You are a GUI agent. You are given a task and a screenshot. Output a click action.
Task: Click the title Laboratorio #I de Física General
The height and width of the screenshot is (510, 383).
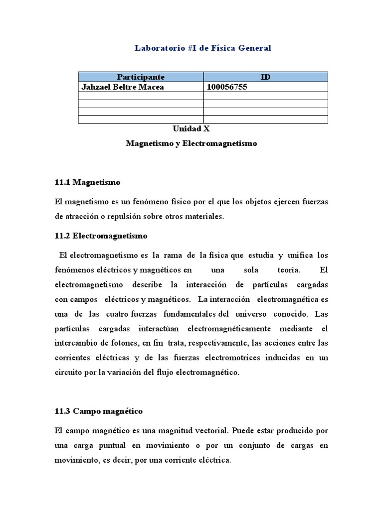[203, 48]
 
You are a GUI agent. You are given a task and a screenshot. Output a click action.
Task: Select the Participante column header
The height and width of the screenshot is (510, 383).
[141, 77]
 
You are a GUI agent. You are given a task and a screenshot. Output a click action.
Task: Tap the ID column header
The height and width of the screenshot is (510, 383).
[265, 77]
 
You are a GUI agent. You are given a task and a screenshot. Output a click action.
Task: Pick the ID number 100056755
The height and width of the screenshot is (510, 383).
[227, 87]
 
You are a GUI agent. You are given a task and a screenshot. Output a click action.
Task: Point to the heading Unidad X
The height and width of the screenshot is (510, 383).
[191, 128]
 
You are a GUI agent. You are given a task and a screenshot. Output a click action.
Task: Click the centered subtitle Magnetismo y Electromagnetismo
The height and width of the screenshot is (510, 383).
[191, 143]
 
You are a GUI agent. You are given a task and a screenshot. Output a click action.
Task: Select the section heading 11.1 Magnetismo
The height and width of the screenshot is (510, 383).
[88, 182]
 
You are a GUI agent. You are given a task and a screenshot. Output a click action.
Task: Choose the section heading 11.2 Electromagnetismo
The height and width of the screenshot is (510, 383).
[101, 235]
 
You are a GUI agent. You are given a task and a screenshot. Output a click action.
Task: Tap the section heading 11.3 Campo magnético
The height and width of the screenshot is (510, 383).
[99, 411]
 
